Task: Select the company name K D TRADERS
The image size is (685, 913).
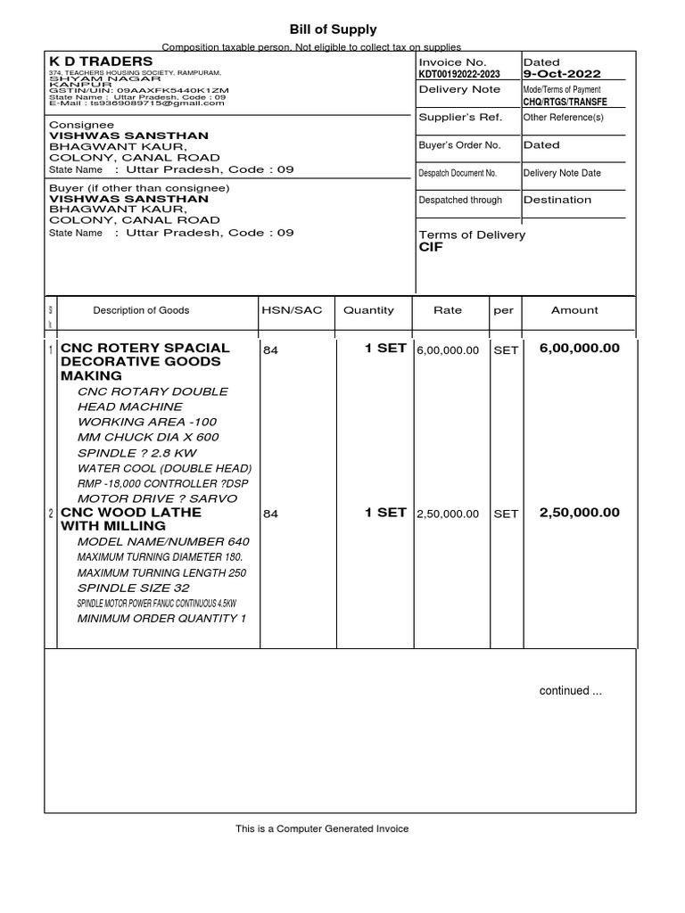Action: tap(101, 61)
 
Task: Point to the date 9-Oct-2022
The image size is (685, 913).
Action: tap(562, 74)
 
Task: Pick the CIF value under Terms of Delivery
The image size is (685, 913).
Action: tap(431, 247)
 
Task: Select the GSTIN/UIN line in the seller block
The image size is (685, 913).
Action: tap(138, 91)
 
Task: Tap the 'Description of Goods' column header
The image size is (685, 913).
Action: tap(141, 310)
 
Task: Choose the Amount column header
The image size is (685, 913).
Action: tap(574, 310)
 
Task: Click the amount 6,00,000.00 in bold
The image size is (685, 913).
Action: tap(579, 349)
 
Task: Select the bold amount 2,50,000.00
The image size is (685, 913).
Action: tap(579, 513)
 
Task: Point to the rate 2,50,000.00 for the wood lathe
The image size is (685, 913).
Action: tap(448, 514)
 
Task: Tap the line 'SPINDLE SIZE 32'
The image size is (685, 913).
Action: tap(133, 588)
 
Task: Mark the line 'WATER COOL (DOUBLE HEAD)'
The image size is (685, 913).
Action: tap(164, 468)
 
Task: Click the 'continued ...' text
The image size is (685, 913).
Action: tap(564, 690)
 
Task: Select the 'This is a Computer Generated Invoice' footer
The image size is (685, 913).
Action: tap(322, 829)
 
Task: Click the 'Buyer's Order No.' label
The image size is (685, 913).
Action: tap(459, 144)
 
